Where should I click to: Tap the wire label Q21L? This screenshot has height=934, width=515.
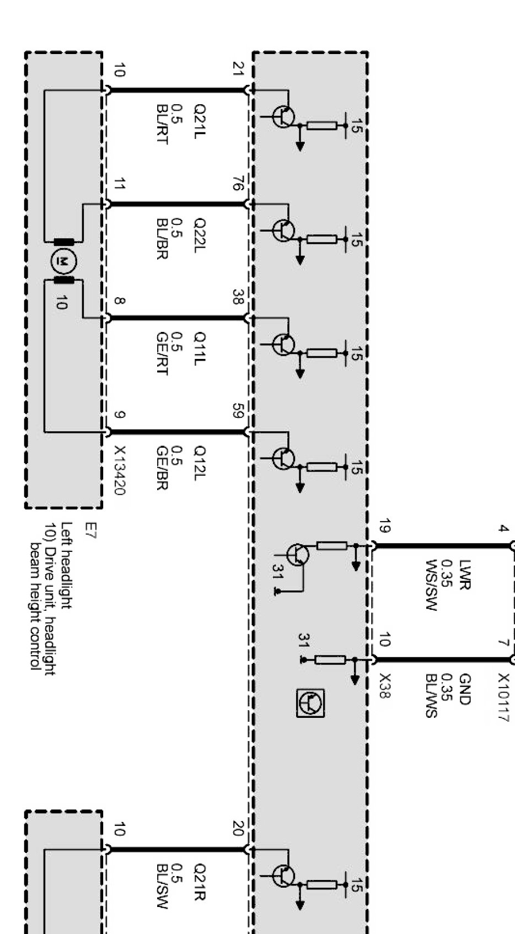(x=199, y=125)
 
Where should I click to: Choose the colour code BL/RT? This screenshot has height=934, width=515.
(x=162, y=124)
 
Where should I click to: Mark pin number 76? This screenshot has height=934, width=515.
(x=238, y=183)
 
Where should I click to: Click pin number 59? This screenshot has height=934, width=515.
(x=238, y=411)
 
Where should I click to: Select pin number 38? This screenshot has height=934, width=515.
(x=238, y=297)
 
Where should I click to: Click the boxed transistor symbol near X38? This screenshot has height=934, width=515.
(x=310, y=703)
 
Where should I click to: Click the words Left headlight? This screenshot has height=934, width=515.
(x=66, y=565)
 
